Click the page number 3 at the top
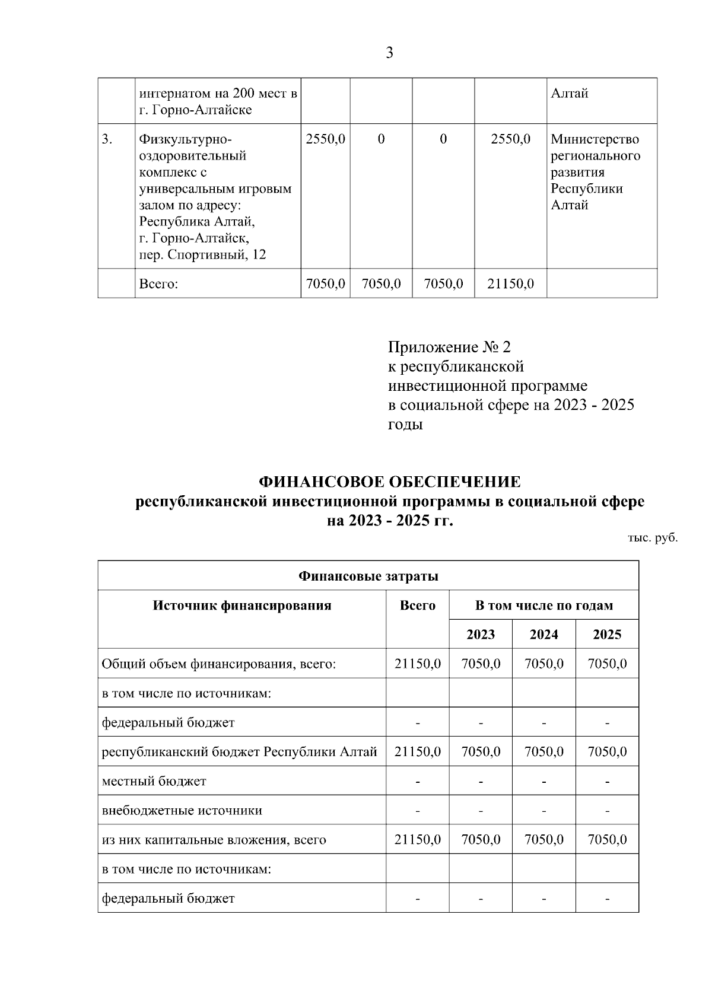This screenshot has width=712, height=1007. tap(389, 53)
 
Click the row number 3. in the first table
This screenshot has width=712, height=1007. tap(107, 139)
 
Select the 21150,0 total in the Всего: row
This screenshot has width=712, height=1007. tap(510, 284)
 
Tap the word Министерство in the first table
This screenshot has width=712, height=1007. tap(595, 139)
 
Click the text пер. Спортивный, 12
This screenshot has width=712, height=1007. tap(202, 255)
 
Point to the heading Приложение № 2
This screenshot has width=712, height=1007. tap(449, 346)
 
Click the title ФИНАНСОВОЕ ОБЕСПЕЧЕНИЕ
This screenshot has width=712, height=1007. tap(390, 481)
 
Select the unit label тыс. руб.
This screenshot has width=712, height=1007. tap(653, 538)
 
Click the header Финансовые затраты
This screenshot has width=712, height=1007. tap(368, 576)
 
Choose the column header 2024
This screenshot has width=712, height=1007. tap(543, 635)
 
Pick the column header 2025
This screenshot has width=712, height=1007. tap(607, 635)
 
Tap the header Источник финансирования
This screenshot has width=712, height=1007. tap(242, 606)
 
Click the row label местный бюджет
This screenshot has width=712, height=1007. tap(154, 781)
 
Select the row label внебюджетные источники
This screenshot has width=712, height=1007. tap(182, 810)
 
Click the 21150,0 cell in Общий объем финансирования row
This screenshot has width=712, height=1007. tap(418, 664)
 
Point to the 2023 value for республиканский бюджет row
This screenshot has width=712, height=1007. tap(481, 751)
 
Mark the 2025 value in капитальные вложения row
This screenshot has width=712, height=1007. tap(607, 840)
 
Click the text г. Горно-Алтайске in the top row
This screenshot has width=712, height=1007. tap(195, 110)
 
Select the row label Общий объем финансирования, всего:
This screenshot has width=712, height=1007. tap(219, 664)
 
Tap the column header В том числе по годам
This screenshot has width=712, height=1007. tap(543, 606)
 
